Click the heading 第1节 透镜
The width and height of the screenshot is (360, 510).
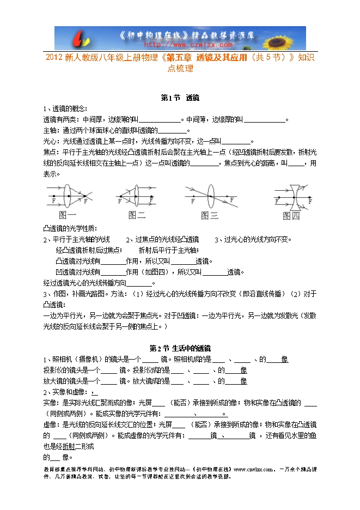point(180,98)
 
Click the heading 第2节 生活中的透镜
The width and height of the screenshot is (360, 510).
point(180,348)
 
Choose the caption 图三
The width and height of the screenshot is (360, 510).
point(210,215)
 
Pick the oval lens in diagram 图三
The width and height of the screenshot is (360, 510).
point(212,196)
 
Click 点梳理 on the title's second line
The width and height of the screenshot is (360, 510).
point(180,69)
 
